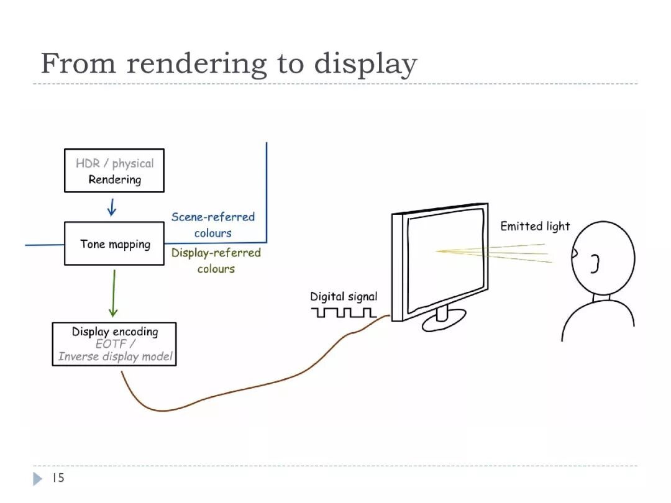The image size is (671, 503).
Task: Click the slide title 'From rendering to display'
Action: (x=229, y=64)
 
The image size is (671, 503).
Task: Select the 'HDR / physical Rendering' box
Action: (x=114, y=170)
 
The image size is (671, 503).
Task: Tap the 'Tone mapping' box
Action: (x=114, y=243)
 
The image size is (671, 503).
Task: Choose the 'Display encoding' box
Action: (x=114, y=343)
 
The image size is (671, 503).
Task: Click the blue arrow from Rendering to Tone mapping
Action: (x=112, y=207)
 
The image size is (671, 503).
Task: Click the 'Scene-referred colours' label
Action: (x=213, y=225)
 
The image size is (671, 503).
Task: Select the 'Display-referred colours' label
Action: (x=216, y=260)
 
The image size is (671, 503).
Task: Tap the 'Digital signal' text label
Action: (x=344, y=297)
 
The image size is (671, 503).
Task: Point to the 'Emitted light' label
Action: (x=535, y=226)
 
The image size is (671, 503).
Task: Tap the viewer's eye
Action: (x=576, y=253)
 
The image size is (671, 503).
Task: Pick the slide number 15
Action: (x=58, y=478)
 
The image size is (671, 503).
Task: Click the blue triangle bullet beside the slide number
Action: (x=38, y=478)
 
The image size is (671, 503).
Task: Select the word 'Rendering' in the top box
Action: (x=114, y=180)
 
